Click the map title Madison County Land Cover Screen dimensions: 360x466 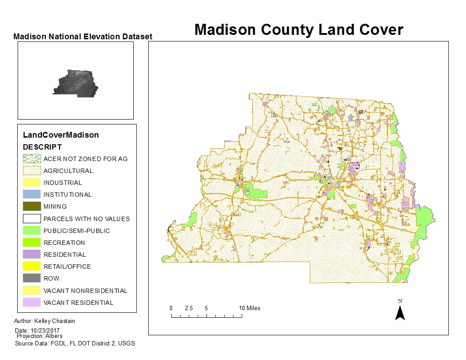(x=299, y=30)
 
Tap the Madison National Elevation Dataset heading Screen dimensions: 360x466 (x=83, y=37)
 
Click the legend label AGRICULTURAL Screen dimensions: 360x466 (x=68, y=171)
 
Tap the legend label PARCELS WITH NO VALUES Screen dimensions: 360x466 (x=86, y=218)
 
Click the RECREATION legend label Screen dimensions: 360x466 (x=64, y=243)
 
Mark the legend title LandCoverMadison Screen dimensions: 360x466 (x=61, y=135)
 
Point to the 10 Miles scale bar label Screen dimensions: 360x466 (x=249, y=308)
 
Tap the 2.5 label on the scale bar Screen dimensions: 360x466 (x=189, y=308)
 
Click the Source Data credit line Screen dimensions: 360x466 (x=75, y=343)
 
